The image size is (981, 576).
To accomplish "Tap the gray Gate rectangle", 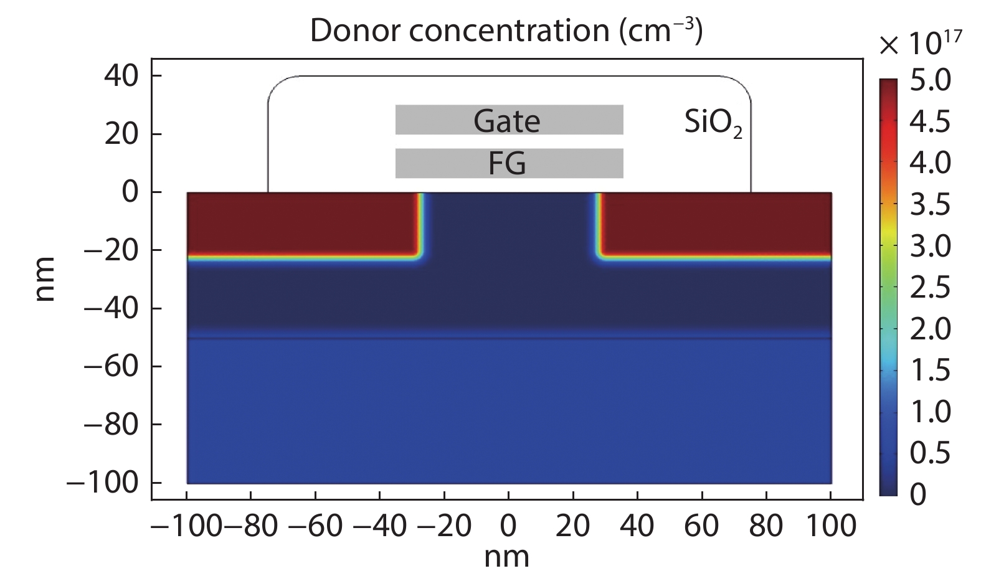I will coord(509,120).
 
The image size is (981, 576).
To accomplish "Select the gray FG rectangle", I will coord(509,163).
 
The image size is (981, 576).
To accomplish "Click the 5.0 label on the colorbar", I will coord(931,81).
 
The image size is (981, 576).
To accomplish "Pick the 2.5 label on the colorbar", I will coord(931,288).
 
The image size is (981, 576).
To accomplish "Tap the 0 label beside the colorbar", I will coord(918,494).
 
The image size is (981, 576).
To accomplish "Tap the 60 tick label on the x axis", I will coord(701,526).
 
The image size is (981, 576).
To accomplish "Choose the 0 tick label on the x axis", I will coord(508,526).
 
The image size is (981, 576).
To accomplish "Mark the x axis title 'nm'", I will coord(507,556).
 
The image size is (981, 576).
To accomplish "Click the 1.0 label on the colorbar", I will coord(931,412).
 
